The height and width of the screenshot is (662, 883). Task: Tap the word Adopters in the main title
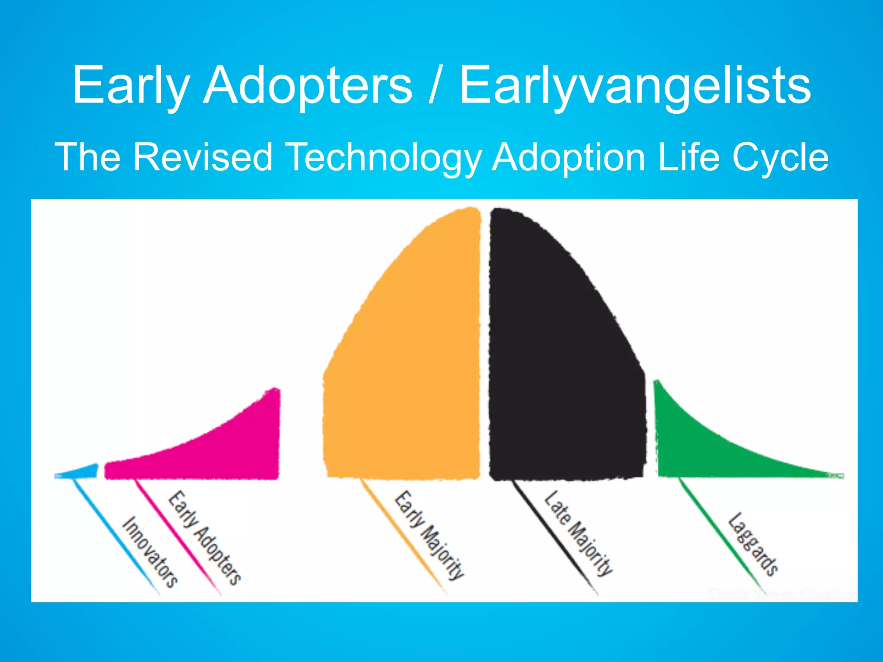pos(308,85)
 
